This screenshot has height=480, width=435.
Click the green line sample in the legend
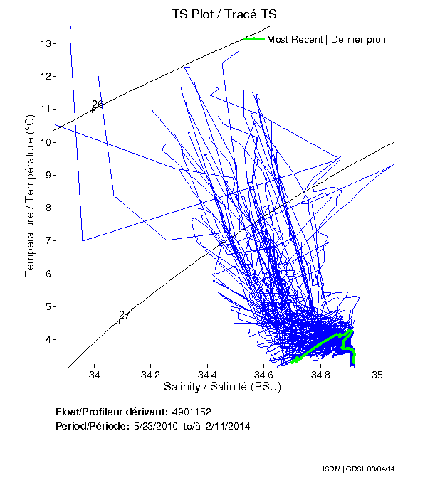253,38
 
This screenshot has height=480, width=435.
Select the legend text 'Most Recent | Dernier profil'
327,39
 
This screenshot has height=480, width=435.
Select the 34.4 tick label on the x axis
207,375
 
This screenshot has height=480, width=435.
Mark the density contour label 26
98,105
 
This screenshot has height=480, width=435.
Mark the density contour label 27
125,315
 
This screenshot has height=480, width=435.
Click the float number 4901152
191,412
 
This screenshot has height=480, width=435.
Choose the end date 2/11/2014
230,426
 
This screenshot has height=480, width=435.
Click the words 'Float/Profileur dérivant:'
110,412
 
